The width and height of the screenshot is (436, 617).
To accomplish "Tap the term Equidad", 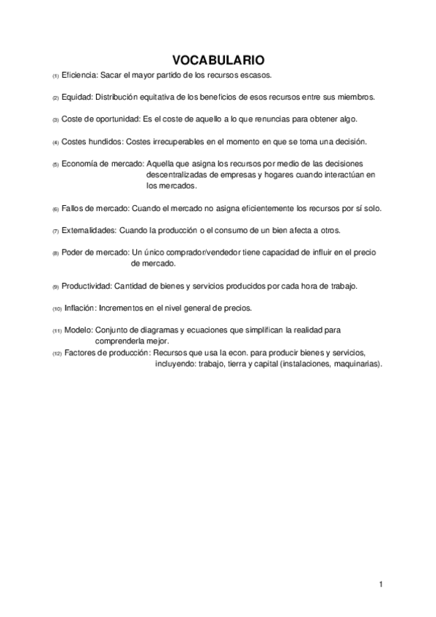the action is coord(77,97).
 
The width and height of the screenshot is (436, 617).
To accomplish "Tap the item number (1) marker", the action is coord(55,76).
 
